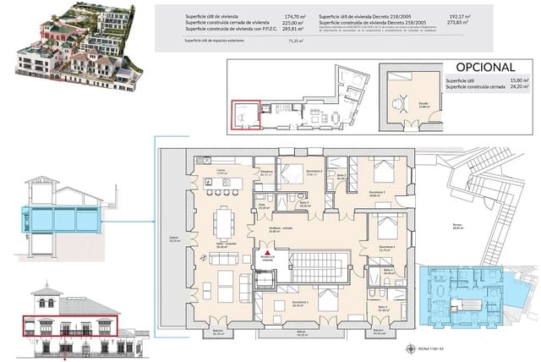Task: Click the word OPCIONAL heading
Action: coord(486,67)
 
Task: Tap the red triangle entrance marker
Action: coord(267,253)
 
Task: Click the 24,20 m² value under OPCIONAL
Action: coord(520,87)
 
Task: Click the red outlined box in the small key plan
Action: coord(247,115)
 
